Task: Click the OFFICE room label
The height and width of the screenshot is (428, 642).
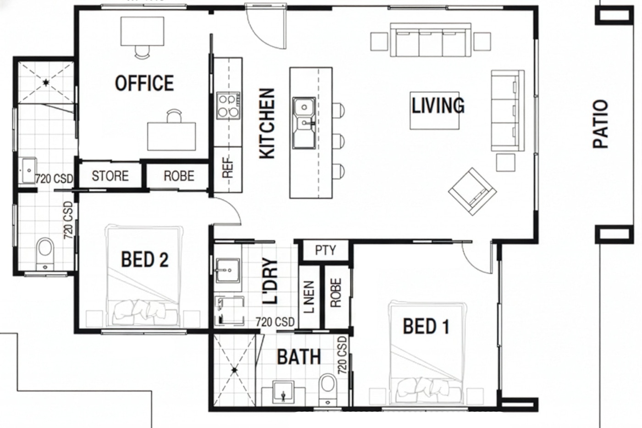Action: click(144, 83)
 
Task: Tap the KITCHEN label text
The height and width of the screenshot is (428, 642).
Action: click(267, 123)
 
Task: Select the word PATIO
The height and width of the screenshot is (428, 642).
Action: click(600, 124)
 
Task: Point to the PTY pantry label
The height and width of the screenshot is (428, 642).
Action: click(325, 250)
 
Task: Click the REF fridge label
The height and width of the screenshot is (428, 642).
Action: click(228, 167)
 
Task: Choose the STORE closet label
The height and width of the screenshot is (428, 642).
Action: click(110, 176)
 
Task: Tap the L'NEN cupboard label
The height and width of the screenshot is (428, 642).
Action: click(309, 297)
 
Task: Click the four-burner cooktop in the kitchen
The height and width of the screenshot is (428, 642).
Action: click(228, 106)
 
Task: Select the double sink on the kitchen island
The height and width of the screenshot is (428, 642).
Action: click(304, 123)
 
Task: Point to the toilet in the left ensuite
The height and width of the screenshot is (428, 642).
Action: click(45, 254)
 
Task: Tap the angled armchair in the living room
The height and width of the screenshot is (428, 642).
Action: click(472, 191)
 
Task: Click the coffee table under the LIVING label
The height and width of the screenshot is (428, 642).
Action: click(435, 111)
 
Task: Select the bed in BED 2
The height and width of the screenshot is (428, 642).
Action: click(144, 276)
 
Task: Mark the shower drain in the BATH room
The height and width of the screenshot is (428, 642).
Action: click(234, 370)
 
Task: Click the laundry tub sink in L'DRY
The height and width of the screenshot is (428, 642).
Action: click(228, 270)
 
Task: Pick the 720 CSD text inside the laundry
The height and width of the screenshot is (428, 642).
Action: click(275, 322)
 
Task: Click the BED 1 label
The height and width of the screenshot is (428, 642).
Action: click(426, 326)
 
